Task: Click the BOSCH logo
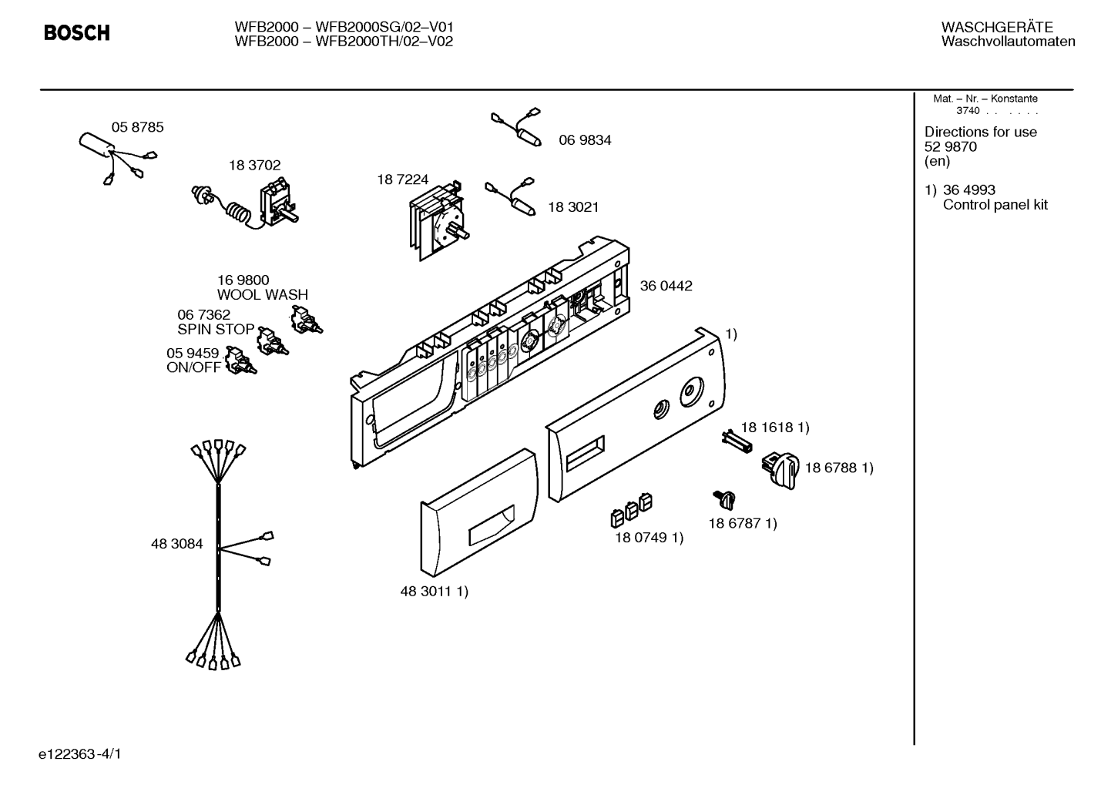(x=76, y=33)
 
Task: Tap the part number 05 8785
(x=137, y=127)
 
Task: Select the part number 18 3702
(x=254, y=165)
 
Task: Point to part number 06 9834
(x=585, y=140)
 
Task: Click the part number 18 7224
(x=402, y=179)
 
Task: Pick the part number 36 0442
(x=666, y=286)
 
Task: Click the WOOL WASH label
(x=262, y=295)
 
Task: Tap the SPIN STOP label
(x=216, y=330)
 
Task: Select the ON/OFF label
(x=193, y=367)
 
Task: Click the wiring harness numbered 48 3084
(x=219, y=547)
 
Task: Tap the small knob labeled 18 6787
(x=725, y=500)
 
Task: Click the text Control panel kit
(x=995, y=206)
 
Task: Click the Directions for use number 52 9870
(x=950, y=147)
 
